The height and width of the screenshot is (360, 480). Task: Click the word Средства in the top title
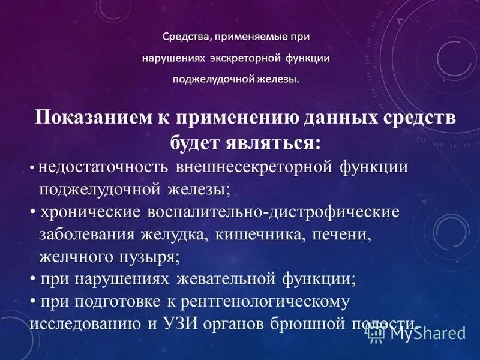185,37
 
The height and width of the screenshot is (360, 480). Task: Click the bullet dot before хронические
32,212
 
